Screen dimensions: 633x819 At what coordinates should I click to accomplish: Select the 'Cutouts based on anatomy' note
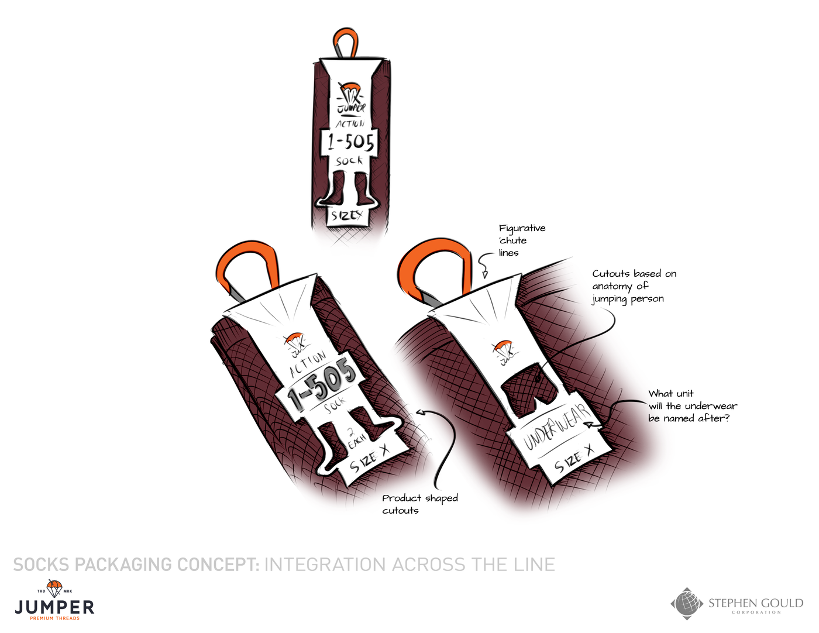634,286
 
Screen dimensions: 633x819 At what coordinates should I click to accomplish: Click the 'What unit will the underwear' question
692,406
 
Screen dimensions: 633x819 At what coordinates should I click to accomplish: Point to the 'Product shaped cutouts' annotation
419,504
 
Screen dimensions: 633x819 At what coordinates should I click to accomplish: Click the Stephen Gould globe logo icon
687,603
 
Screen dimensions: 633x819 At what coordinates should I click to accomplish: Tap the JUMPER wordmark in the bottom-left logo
54,607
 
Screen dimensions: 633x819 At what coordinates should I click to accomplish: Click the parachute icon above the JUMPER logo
54,587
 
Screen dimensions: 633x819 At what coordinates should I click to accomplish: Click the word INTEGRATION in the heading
326,565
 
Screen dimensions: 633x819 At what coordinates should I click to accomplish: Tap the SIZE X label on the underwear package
573,459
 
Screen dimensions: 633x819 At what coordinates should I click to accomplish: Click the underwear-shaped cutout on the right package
529,386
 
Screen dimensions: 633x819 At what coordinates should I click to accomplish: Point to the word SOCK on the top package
349,161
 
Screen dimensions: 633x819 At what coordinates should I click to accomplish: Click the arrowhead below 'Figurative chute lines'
484,273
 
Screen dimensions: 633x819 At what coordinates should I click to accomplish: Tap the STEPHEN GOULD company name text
755,603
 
